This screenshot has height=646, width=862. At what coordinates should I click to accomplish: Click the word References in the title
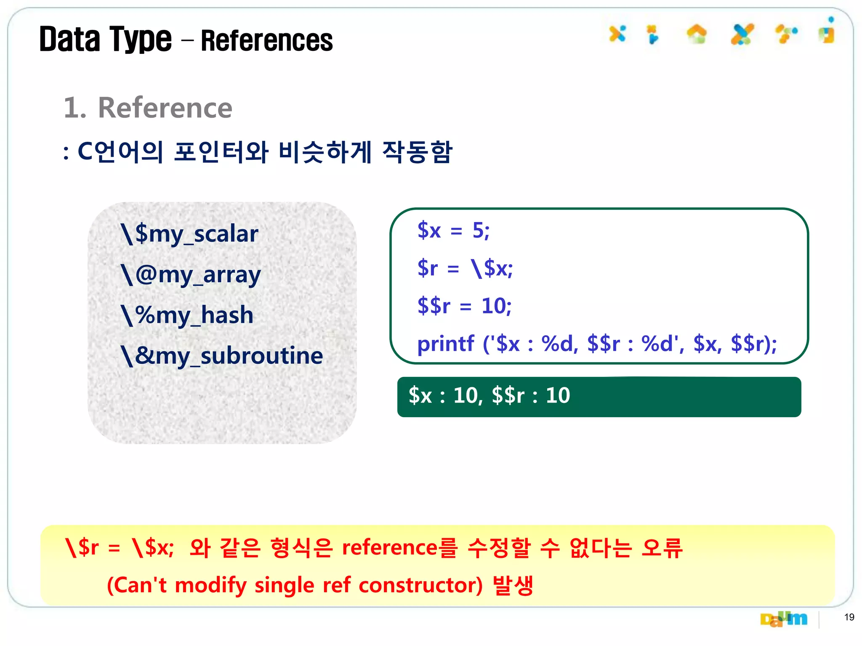(x=267, y=41)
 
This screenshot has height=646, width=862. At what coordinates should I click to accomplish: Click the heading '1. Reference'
(x=148, y=108)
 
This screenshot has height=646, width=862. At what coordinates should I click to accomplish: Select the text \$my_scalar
(x=189, y=234)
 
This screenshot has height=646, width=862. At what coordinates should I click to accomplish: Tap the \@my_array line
(x=191, y=275)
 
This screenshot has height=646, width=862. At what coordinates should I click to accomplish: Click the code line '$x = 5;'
(x=453, y=230)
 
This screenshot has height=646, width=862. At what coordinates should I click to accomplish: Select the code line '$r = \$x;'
(x=465, y=268)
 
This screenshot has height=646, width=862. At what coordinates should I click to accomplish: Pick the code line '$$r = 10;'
(x=464, y=306)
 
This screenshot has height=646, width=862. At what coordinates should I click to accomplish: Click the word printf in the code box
(x=446, y=344)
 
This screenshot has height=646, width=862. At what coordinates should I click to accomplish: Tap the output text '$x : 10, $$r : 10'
(x=489, y=396)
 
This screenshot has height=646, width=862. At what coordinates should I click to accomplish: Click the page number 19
(x=849, y=617)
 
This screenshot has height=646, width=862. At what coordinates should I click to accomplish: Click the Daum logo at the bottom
(x=784, y=619)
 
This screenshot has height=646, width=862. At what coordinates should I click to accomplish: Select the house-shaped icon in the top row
(x=697, y=34)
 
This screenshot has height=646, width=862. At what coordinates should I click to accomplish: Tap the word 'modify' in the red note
(x=210, y=585)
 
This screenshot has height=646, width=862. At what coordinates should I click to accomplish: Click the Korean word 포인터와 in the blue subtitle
(x=221, y=152)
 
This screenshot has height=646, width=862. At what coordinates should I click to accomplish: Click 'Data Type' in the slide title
(x=106, y=40)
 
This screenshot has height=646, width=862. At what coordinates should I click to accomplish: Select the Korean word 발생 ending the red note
(x=513, y=585)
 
